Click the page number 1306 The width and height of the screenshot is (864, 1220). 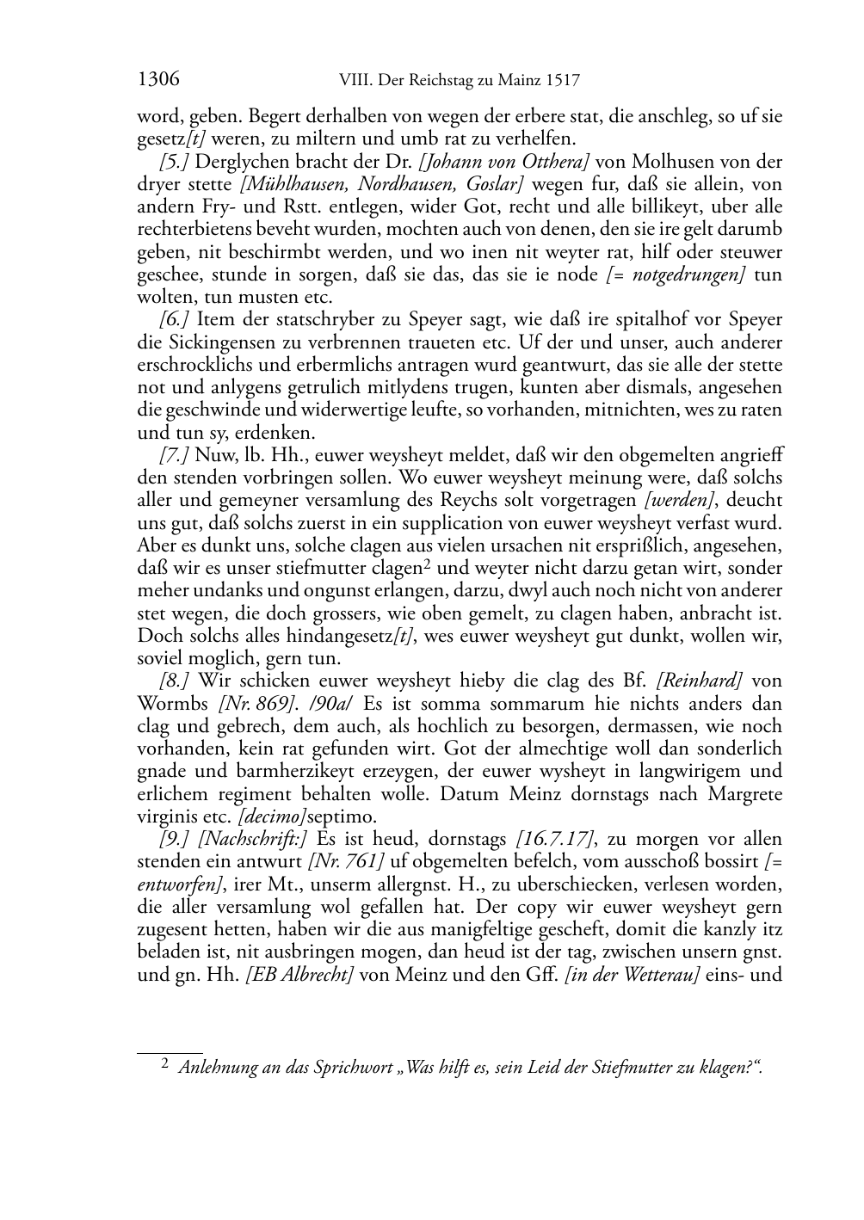coord(158,80)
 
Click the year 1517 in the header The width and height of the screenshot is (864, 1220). coord(562,81)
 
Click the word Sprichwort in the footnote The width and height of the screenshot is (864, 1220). coord(356,1068)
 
